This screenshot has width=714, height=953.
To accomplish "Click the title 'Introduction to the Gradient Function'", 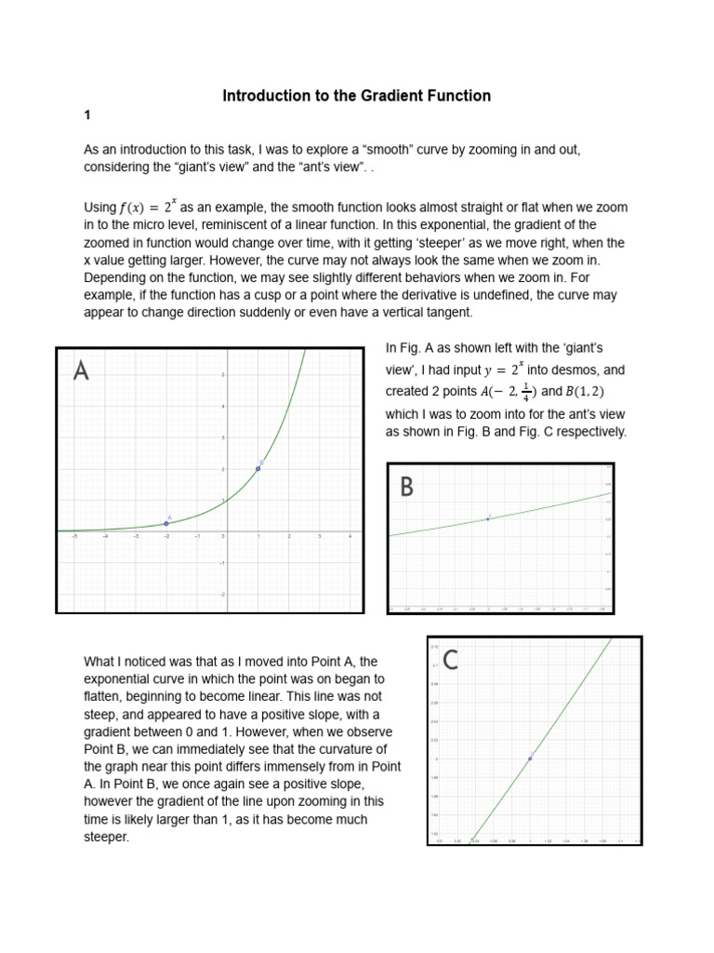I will point(356,96).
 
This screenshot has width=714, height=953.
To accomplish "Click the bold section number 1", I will point(87,115).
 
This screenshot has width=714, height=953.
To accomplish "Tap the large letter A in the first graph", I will point(82,371).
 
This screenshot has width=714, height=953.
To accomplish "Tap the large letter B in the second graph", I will point(406,487).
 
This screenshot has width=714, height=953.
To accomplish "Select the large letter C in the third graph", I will point(451,660).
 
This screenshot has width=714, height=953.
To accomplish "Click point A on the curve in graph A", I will point(165,524).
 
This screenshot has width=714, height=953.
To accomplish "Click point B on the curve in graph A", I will point(258,468).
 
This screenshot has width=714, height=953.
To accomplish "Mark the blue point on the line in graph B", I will point(488,518).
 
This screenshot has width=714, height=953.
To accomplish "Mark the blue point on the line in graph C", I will point(530,758).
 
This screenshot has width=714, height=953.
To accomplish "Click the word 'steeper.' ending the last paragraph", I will point(107,837).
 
